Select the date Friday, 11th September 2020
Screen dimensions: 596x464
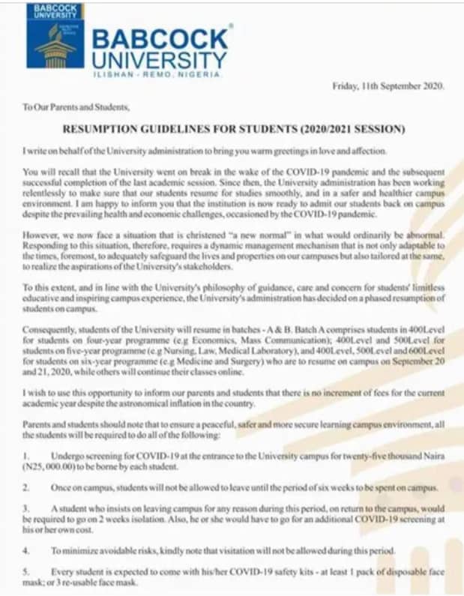[x=388, y=86]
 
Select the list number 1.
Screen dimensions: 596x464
[x=26, y=456]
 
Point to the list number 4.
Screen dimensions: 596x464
[x=26, y=550]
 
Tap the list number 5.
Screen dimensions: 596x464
[x=26, y=571]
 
